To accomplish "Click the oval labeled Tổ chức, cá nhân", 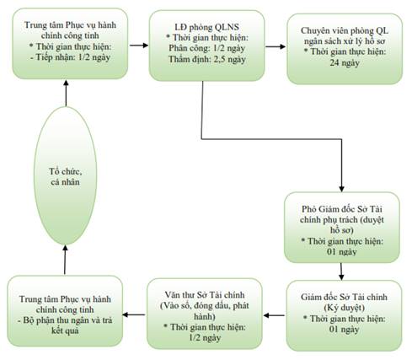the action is coord(65,176).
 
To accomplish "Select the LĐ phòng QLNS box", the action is coord(206,46).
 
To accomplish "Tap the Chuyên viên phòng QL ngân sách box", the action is coord(345,49).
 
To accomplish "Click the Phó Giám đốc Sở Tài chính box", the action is coord(342,228).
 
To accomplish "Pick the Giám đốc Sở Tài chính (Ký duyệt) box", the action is coord(344,315).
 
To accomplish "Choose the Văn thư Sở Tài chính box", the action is coord(205,314).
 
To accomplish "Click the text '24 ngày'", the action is coord(345,62).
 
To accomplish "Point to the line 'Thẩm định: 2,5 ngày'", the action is coord(207,59).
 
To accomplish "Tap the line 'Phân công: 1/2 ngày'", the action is coord(207,48).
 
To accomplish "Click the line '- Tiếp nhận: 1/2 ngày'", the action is coord(70,57).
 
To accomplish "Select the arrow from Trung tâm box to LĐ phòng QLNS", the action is coord(139,45).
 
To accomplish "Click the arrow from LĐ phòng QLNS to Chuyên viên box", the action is coord(276,46).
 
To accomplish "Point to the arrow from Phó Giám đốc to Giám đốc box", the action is coord(341,271).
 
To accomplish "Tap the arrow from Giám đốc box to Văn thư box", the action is coord(274,315).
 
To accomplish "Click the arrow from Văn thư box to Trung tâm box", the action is coord(134,314).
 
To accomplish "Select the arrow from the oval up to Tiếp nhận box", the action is coord(66,93).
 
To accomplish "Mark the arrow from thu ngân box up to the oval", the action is coord(65,260).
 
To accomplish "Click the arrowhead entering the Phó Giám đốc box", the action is coord(341,189).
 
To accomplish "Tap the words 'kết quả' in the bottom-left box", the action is coord(65,330).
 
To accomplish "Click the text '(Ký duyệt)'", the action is coord(344,308).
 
